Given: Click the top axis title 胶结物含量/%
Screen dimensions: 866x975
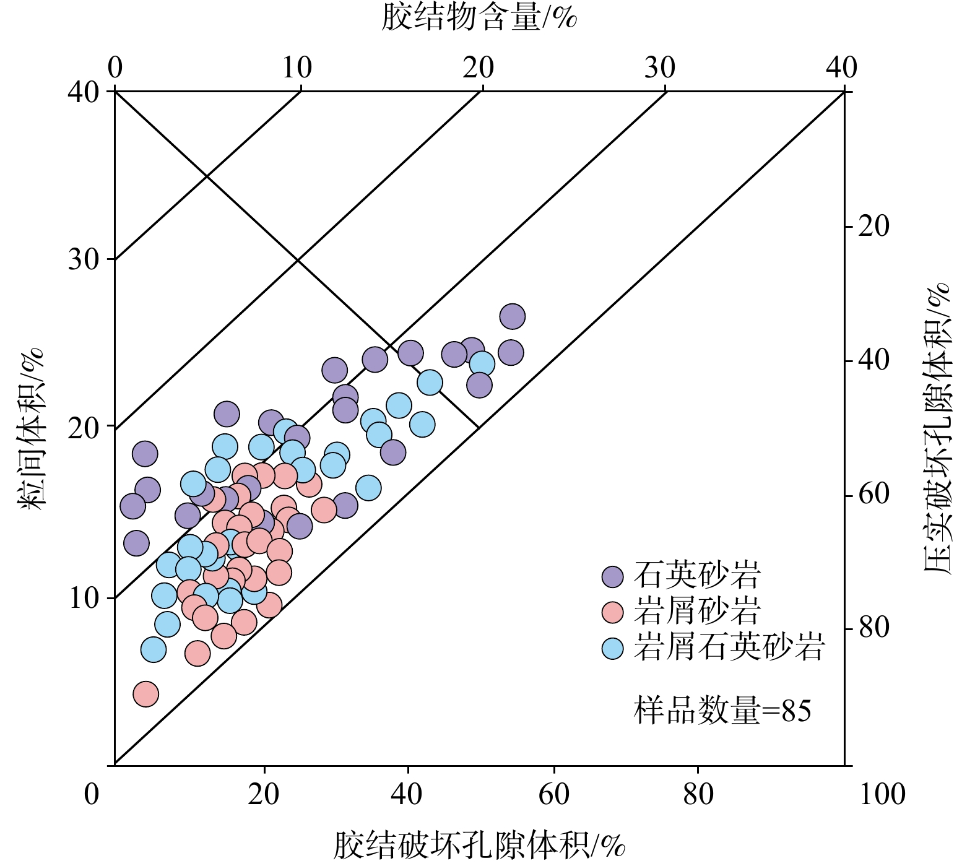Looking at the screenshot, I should [479, 17].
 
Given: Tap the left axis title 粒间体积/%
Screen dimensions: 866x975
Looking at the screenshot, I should [32, 428].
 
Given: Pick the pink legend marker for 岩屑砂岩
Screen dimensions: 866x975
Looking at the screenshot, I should [613, 612].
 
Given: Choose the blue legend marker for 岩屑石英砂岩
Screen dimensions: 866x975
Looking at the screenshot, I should [613, 648].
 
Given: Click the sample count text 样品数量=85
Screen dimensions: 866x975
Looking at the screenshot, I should [722, 711].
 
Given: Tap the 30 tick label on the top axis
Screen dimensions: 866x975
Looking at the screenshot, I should [660, 67].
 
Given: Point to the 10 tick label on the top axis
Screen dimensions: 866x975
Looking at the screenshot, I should [297, 67].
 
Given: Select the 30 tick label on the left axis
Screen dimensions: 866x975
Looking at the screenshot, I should [84, 259].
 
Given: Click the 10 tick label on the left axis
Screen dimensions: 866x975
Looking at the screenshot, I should [84, 598].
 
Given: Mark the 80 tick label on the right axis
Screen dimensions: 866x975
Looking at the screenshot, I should [874, 628].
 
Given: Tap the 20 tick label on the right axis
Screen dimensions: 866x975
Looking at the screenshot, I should [874, 227].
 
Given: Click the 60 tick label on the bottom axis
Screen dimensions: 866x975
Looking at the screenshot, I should [553, 794].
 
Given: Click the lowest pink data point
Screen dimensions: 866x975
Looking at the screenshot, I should [146, 694].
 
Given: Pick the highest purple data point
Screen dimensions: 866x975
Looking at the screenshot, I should [513, 316].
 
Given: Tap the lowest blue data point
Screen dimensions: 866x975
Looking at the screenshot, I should [154, 650].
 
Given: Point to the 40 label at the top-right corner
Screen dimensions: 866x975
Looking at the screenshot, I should [841, 67].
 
